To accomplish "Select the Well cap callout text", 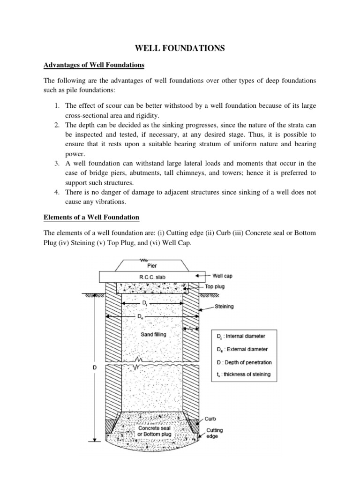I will pyautogui.click(x=223, y=276).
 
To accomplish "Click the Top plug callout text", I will pyautogui.click(x=216, y=285).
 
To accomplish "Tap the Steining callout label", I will pyautogui.click(x=224, y=307).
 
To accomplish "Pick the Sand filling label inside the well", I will pyautogui.click(x=154, y=335).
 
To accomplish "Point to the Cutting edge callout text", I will pyautogui.click(x=214, y=433).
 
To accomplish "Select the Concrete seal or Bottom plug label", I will pyautogui.click(x=154, y=431).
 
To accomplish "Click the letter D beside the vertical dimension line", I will pyautogui.click(x=94, y=368).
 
